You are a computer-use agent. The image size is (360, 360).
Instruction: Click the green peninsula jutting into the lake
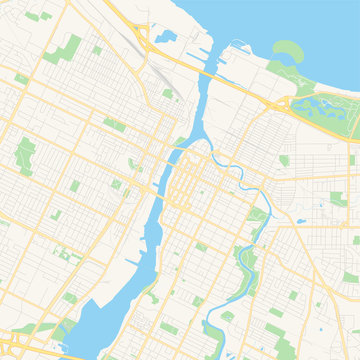click(x=287, y=52)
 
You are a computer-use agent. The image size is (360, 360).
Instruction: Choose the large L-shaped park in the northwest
click(x=69, y=47)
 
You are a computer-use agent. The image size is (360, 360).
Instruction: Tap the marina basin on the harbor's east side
click(x=241, y=50)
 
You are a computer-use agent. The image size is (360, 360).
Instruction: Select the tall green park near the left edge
click(x=26, y=156)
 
